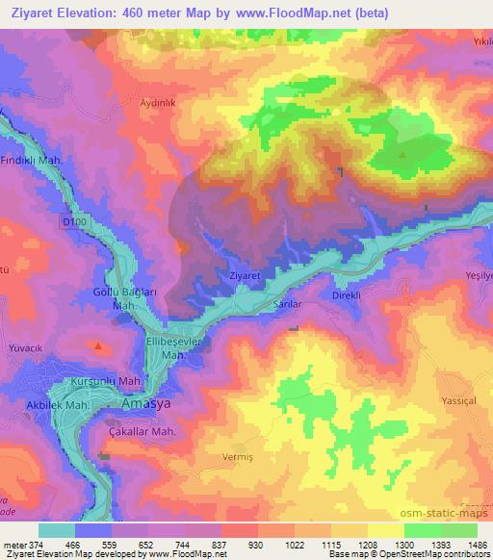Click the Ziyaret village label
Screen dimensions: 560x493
pyautogui.click(x=245, y=275)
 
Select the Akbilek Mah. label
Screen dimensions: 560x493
pyautogui.click(x=59, y=407)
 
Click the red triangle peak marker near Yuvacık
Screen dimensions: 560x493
pyautogui.click(x=98, y=344)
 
